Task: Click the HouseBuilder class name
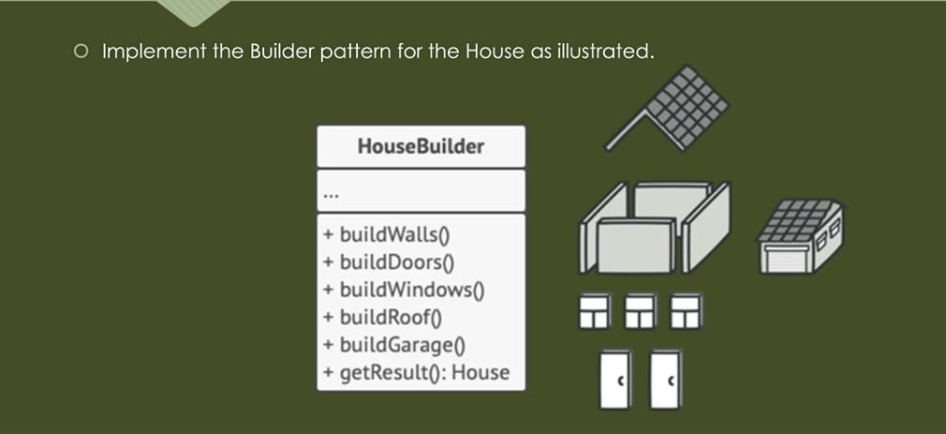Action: click(421, 146)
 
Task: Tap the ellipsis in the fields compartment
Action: click(330, 197)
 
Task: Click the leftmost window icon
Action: click(594, 312)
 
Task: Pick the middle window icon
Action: click(640, 312)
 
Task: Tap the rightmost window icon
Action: click(686, 312)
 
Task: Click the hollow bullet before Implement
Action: click(81, 52)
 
